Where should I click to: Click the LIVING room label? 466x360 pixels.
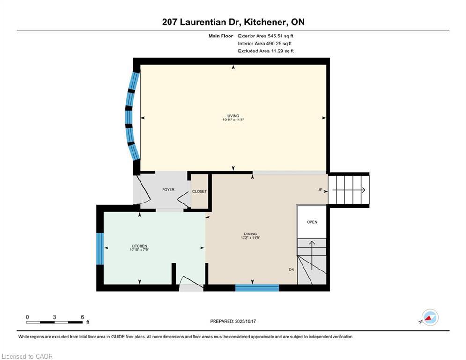(x=233, y=116)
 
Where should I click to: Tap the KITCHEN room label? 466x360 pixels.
(x=139, y=246)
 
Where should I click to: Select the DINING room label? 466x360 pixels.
(x=250, y=234)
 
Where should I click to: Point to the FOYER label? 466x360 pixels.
(x=168, y=189)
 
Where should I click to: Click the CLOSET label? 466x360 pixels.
(x=199, y=191)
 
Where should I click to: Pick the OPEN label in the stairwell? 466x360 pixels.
(x=312, y=222)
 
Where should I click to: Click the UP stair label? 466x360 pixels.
(x=320, y=190)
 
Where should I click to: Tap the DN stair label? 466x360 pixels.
(x=292, y=270)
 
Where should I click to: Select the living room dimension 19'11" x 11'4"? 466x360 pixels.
(x=233, y=120)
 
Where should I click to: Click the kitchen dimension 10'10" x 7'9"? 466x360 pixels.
(x=139, y=250)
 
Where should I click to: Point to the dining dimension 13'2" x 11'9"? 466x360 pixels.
(x=250, y=238)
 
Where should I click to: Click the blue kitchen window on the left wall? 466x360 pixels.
(x=100, y=249)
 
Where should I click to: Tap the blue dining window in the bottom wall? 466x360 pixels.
(x=257, y=287)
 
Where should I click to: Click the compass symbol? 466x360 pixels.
(x=430, y=317)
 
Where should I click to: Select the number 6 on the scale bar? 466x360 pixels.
(x=82, y=317)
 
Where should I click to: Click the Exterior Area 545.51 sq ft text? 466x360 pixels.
(x=266, y=36)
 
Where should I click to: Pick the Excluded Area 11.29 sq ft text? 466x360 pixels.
(x=266, y=51)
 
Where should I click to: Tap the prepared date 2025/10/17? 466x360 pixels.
(x=245, y=321)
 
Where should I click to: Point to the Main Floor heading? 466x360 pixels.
(x=221, y=36)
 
